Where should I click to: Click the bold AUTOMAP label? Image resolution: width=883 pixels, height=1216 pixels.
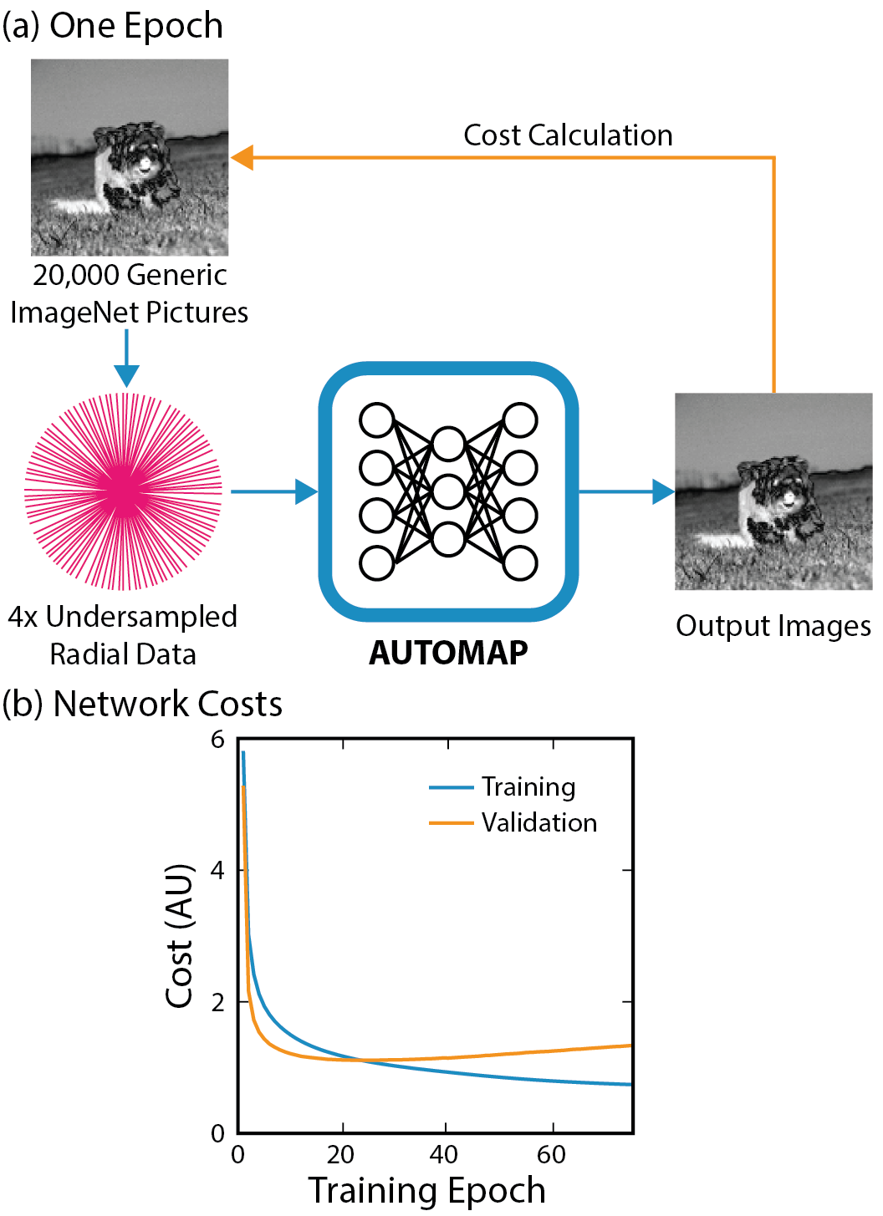point(448,653)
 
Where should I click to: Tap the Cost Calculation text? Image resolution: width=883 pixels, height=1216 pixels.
point(568,135)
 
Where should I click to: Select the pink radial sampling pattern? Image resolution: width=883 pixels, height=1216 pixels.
point(124,491)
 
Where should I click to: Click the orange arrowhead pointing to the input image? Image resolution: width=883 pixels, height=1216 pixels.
point(242,157)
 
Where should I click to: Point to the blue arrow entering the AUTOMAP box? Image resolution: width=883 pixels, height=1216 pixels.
point(276,491)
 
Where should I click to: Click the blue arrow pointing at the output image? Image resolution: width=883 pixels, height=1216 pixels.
point(627,491)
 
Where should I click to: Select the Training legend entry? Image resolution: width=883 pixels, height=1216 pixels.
point(528,787)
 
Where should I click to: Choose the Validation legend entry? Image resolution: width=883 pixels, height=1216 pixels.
point(538,823)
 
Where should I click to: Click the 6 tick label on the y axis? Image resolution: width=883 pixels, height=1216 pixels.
point(218,740)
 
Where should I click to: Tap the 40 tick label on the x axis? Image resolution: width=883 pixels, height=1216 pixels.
point(444,1155)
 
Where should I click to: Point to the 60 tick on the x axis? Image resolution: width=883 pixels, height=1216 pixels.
point(551,1155)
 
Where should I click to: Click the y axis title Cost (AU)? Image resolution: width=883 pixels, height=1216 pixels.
point(180,936)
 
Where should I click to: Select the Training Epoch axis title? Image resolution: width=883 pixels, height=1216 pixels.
point(426,1190)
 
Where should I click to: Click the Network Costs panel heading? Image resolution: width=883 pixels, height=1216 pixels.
point(143,704)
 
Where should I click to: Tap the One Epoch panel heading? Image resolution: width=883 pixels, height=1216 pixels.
point(113,26)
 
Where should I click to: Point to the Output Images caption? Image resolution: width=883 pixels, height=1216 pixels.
point(773,626)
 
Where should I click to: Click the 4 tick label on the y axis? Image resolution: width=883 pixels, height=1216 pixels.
point(218,871)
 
